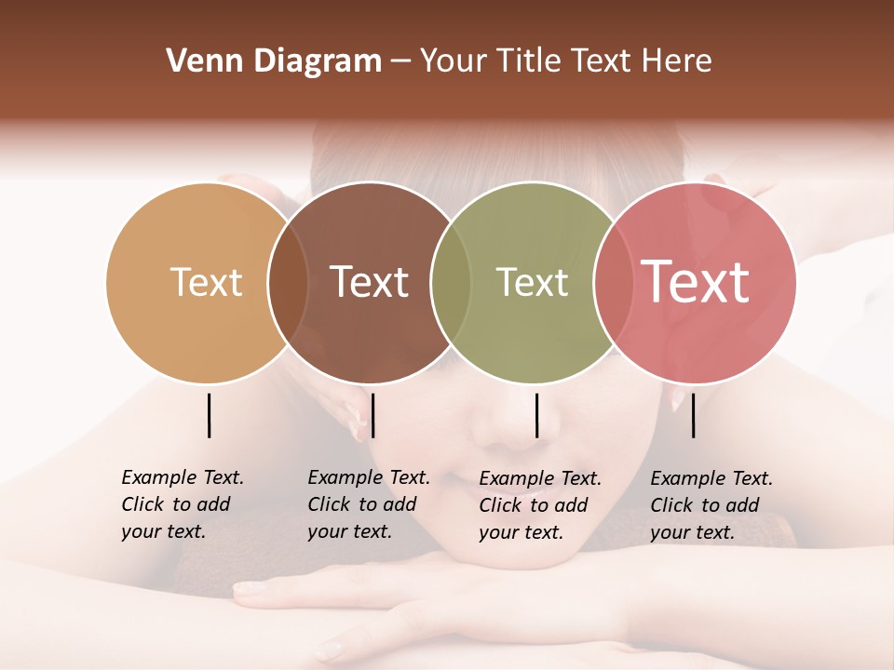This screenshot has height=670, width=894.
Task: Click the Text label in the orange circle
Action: coord(206,282)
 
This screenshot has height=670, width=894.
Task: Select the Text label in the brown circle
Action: coord(369,282)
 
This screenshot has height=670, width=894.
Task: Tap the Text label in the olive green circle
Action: coord(532,282)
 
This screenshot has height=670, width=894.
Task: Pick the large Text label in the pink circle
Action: coord(695,282)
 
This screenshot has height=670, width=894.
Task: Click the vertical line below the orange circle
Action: coord(209,415)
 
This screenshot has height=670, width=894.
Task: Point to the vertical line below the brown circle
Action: coord(372,415)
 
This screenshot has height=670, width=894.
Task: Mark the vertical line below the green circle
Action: coord(536,415)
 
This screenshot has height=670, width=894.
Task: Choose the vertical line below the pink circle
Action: coord(693,415)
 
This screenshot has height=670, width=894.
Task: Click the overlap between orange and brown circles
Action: coord(288,283)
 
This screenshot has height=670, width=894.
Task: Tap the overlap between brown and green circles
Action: coord(451,283)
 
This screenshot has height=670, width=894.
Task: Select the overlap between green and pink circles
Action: coord(613,283)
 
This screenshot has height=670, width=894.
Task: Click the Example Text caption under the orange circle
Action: coord(182,504)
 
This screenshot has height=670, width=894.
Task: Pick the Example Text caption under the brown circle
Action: coord(368,504)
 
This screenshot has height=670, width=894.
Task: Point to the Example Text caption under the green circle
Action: coord(539,505)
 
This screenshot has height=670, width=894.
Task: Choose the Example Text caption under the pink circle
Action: coord(711,505)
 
